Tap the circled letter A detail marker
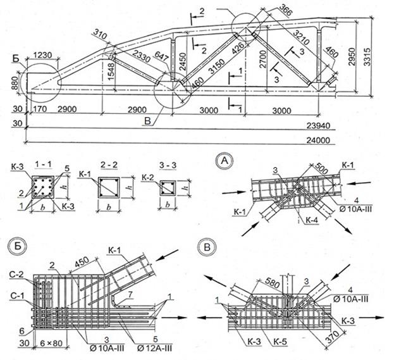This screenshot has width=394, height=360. [223, 159]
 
